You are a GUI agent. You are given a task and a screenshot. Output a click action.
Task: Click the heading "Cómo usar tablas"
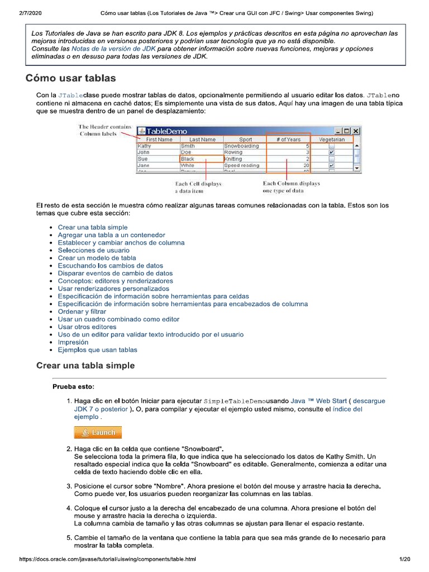pyautogui.click(x=70, y=78)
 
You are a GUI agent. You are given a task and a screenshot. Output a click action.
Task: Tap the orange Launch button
pyautogui.click(x=98, y=432)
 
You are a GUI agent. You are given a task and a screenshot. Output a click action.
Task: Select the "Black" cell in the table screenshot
pyautogui.click(x=188, y=159)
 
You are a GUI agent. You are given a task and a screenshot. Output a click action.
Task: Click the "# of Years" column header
pyautogui.click(x=288, y=139)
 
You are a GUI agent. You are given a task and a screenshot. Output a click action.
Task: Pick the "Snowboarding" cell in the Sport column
pyautogui.click(x=242, y=146)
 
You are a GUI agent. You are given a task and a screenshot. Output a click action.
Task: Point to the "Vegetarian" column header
pyautogui.click(x=332, y=139)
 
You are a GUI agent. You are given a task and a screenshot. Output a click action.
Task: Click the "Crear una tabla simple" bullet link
pyautogui.click(x=93, y=227)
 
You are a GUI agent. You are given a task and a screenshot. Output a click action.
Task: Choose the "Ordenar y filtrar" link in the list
pyautogui.click(x=82, y=311)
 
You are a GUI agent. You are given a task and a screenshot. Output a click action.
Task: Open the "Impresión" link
pyautogui.click(x=73, y=342)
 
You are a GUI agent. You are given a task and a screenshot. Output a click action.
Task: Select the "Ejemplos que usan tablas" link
pyautogui.click(x=97, y=350)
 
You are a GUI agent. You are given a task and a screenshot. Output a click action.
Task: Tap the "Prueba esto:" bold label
pyautogui.click(x=73, y=387)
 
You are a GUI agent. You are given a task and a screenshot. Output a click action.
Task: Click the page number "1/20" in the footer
pyautogui.click(x=404, y=559)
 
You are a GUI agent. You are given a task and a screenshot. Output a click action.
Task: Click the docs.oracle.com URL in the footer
pyautogui.click(x=107, y=559)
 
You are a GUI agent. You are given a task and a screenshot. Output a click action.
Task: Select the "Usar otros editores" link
pyautogui.click(x=87, y=327)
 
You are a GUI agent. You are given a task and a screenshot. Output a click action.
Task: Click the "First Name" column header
pyautogui.click(x=159, y=139)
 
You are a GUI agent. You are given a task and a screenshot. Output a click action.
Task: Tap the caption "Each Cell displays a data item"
pyautogui.click(x=198, y=187)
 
